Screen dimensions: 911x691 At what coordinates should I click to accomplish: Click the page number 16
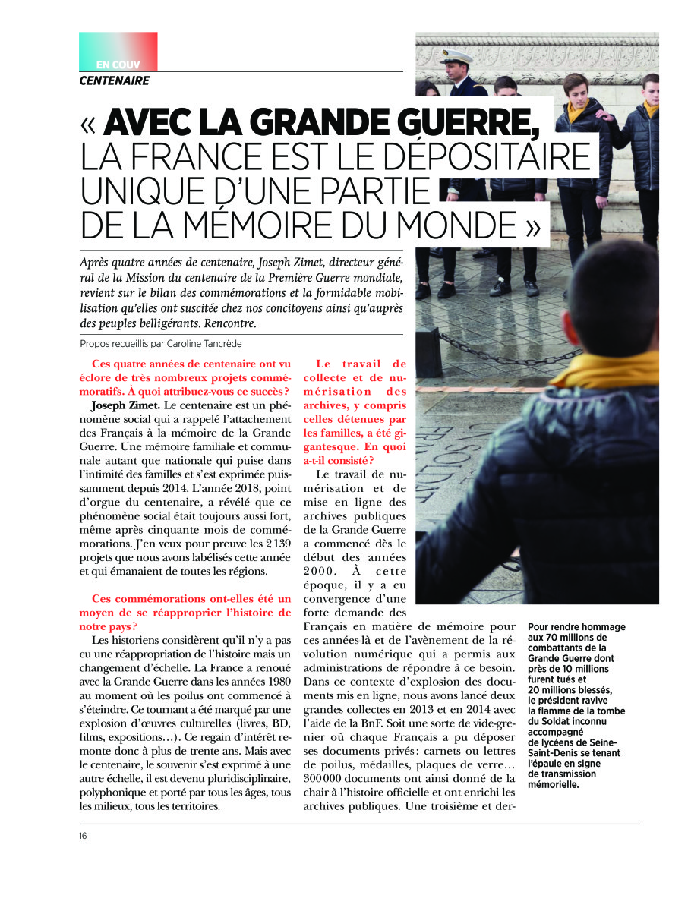pos(83,836)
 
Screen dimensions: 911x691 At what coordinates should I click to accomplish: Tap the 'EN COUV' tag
pos(118,65)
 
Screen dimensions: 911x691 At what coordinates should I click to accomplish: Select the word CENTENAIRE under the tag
pos(115,80)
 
